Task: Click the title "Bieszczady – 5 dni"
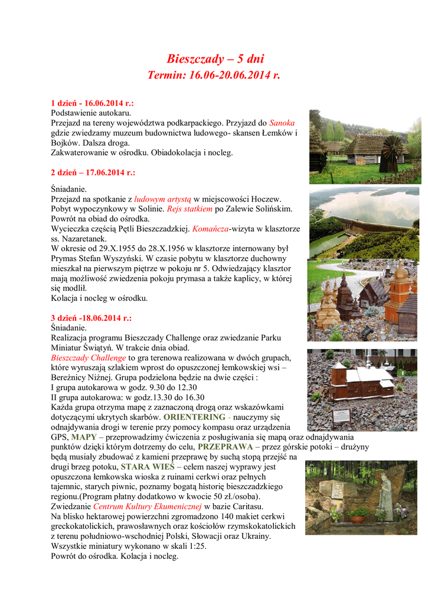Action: (215, 59)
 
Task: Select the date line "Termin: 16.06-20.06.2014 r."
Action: (213, 76)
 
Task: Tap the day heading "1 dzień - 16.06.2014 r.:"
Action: (92, 103)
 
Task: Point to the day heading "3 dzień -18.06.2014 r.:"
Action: (91, 317)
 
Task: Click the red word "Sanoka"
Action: (282, 123)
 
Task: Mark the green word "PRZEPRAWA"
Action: (225, 447)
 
